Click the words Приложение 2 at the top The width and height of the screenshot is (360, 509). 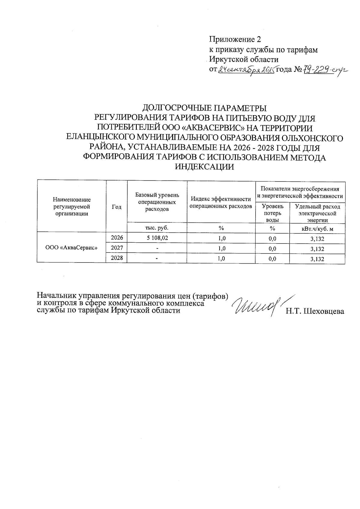tap(235, 39)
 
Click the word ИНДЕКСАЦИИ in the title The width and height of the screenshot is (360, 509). tap(204, 167)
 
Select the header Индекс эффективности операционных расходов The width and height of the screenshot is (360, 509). tap(221, 202)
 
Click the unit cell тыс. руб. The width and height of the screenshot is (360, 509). tap(157, 228)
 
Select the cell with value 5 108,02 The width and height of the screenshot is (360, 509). tap(157, 238)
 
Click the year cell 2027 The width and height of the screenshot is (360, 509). tap(117, 248)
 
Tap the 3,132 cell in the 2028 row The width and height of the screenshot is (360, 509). tap(317, 259)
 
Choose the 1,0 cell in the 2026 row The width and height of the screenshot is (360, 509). tap(221, 238)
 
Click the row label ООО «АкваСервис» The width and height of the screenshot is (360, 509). tap(71, 248)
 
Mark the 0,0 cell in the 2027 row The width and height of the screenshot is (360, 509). tap(272, 249)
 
